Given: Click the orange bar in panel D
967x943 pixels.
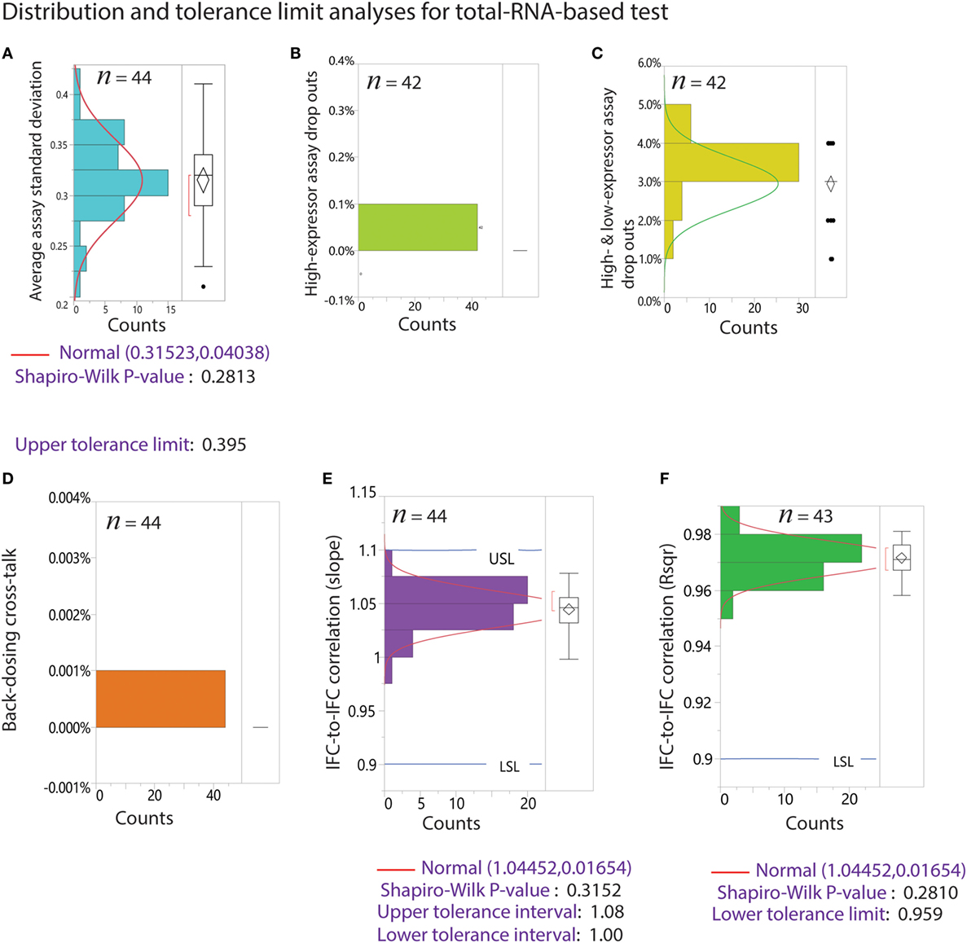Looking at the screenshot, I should pos(160,699).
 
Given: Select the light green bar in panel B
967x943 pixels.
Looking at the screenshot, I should pos(417,227).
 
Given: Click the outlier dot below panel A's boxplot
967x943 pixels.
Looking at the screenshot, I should pos(203,286).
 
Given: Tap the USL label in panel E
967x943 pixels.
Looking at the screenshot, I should pos(502,559).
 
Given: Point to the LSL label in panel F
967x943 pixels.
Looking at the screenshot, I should pos(843,762).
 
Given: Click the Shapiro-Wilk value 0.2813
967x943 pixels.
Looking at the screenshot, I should pos(229,376).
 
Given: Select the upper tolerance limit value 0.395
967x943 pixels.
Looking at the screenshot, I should pos(224,445).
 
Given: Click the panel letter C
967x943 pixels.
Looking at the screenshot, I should pos(597,54).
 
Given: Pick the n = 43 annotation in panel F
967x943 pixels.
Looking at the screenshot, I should pos(806,515).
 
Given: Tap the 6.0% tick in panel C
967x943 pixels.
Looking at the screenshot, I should pos(648,64).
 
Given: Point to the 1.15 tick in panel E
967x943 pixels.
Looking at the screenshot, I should pos(363,493).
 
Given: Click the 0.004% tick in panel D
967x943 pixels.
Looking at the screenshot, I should pos(69,498).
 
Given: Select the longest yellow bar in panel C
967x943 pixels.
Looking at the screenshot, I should pos(731,163).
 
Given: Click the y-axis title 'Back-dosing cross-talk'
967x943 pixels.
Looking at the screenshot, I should pos(10,639).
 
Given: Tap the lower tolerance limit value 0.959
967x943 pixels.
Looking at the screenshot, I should pos(920,914).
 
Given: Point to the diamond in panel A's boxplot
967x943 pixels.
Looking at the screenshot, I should pos(203,181).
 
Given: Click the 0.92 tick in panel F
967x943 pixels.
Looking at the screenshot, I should pos(703,702).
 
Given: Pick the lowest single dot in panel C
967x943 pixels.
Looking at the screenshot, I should pos(831,259).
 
